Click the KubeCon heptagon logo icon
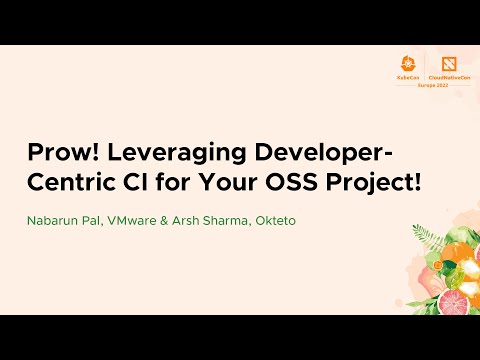click(x=407, y=62)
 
